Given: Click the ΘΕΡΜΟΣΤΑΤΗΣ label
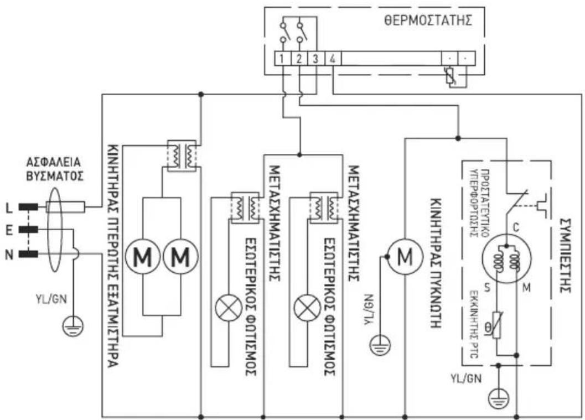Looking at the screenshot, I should tap(427, 22).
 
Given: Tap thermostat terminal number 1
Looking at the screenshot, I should tap(282, 58).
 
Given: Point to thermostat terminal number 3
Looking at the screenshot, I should tap(314, 58).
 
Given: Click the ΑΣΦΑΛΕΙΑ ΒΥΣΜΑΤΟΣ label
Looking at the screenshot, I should tap(54, 169).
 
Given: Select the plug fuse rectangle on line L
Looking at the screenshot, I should tap(65, 208).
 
